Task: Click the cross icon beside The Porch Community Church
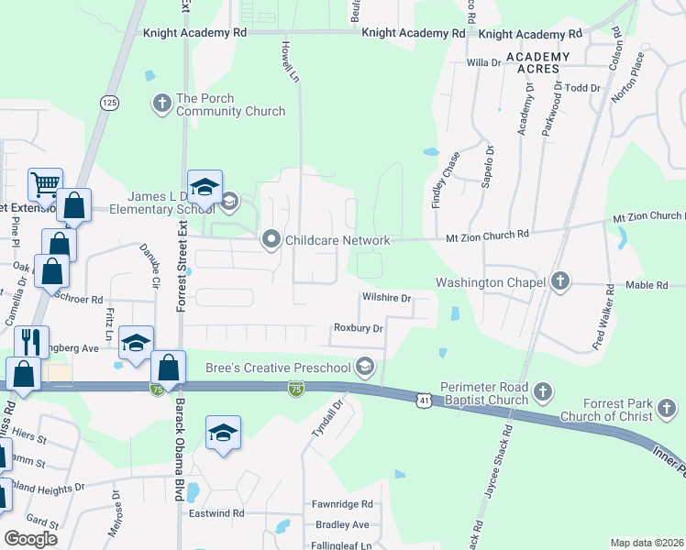162,102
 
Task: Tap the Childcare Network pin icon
271,240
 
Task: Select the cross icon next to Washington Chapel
560,280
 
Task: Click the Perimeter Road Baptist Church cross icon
542,392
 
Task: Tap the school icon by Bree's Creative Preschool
365,368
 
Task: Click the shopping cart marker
44,184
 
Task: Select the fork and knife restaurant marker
32,342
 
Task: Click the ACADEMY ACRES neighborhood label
537,63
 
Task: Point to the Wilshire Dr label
386,298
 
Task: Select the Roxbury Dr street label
358,327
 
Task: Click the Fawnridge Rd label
342,504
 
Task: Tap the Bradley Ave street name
341,524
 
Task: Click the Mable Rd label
647,285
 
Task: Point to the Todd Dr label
582,88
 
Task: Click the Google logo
30,539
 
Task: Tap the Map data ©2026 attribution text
646,543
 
